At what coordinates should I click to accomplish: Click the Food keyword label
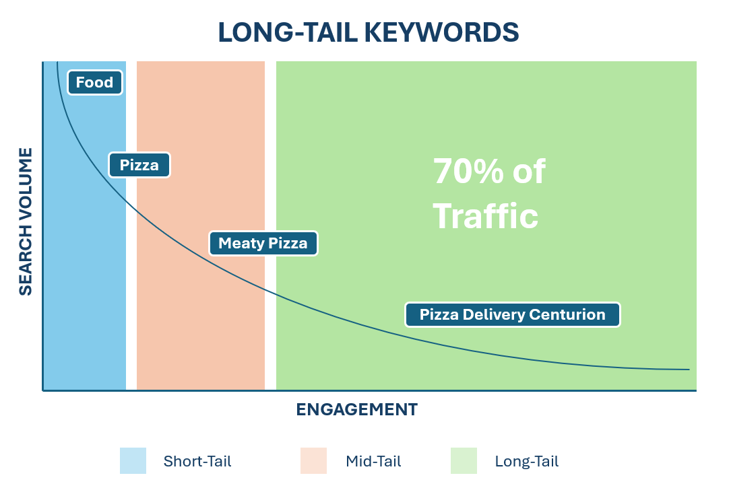coord(94,83)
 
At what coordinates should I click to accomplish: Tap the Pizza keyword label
coord(139,165)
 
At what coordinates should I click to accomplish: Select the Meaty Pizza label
coord(263,244)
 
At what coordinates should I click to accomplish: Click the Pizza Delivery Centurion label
coord(512,314)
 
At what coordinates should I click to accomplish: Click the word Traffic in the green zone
coord(485,217)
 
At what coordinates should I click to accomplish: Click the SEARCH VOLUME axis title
coord(26,222)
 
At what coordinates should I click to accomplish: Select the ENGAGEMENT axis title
coord(356,409)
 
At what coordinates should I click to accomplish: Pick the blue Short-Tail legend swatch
coord(133,461)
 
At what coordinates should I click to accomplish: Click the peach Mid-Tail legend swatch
coord(313,461)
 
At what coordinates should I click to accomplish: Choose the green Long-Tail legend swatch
coord(464,461)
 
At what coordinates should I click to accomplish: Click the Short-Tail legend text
coord(197,462)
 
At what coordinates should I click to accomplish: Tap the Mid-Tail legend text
coord(373,462)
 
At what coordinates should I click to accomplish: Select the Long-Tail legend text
coord(527,462)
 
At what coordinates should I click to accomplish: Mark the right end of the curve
coord(689,370)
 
